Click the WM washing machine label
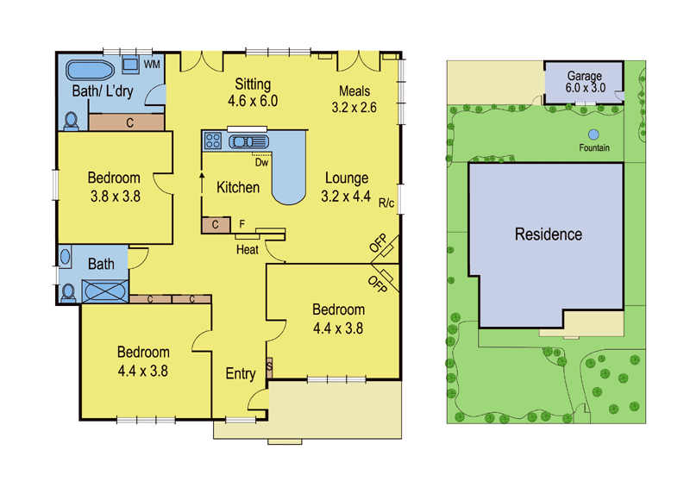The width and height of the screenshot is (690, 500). coord(152,64)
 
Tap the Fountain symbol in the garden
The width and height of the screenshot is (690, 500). coord(593,134)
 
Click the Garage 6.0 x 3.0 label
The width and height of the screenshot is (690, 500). coord(584,82)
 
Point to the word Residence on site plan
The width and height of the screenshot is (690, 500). coord(548,234)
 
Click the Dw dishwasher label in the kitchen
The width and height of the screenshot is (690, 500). coord(260,160)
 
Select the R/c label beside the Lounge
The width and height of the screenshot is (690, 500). coord(386,203)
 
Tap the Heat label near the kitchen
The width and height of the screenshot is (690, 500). coord(248,250)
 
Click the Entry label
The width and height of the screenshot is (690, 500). coord(240,373)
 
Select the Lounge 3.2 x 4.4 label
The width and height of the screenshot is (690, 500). coord(347,186)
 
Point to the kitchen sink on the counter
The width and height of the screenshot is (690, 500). coord(249,141)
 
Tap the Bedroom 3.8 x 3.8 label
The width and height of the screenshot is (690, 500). coord(114,186)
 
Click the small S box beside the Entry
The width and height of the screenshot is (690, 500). coord(269,366)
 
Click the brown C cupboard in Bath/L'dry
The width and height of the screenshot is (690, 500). coord(128,122)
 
